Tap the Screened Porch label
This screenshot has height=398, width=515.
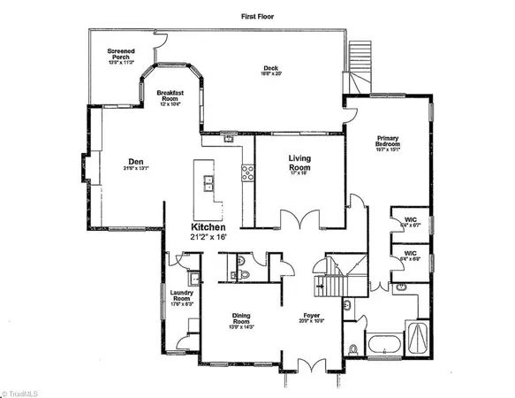point(121,56)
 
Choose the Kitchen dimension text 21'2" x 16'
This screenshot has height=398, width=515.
point(216,236)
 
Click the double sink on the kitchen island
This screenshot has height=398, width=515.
point(209,183)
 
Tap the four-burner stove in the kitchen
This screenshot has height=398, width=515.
point(248,174)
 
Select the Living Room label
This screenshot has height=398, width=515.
point(301,164)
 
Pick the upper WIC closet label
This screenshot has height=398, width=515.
point(409,221)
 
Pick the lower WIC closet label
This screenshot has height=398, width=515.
point(410,256)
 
